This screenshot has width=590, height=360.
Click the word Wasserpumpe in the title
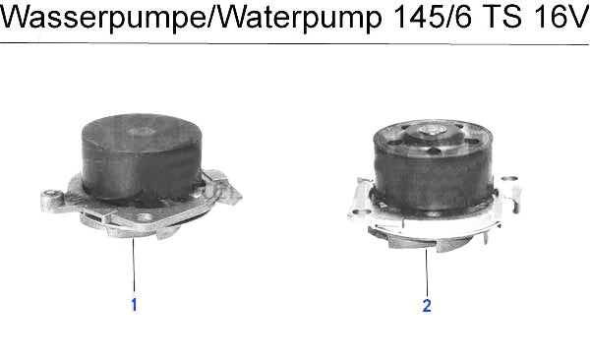coord(103,18)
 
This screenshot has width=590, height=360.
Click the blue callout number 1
coord(134,305)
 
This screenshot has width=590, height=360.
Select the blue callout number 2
coord(427,306)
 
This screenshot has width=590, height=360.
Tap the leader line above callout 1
coord(134,265)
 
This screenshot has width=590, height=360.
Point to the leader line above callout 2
coord(427,271)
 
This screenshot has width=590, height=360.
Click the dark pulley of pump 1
coord(142,156)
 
